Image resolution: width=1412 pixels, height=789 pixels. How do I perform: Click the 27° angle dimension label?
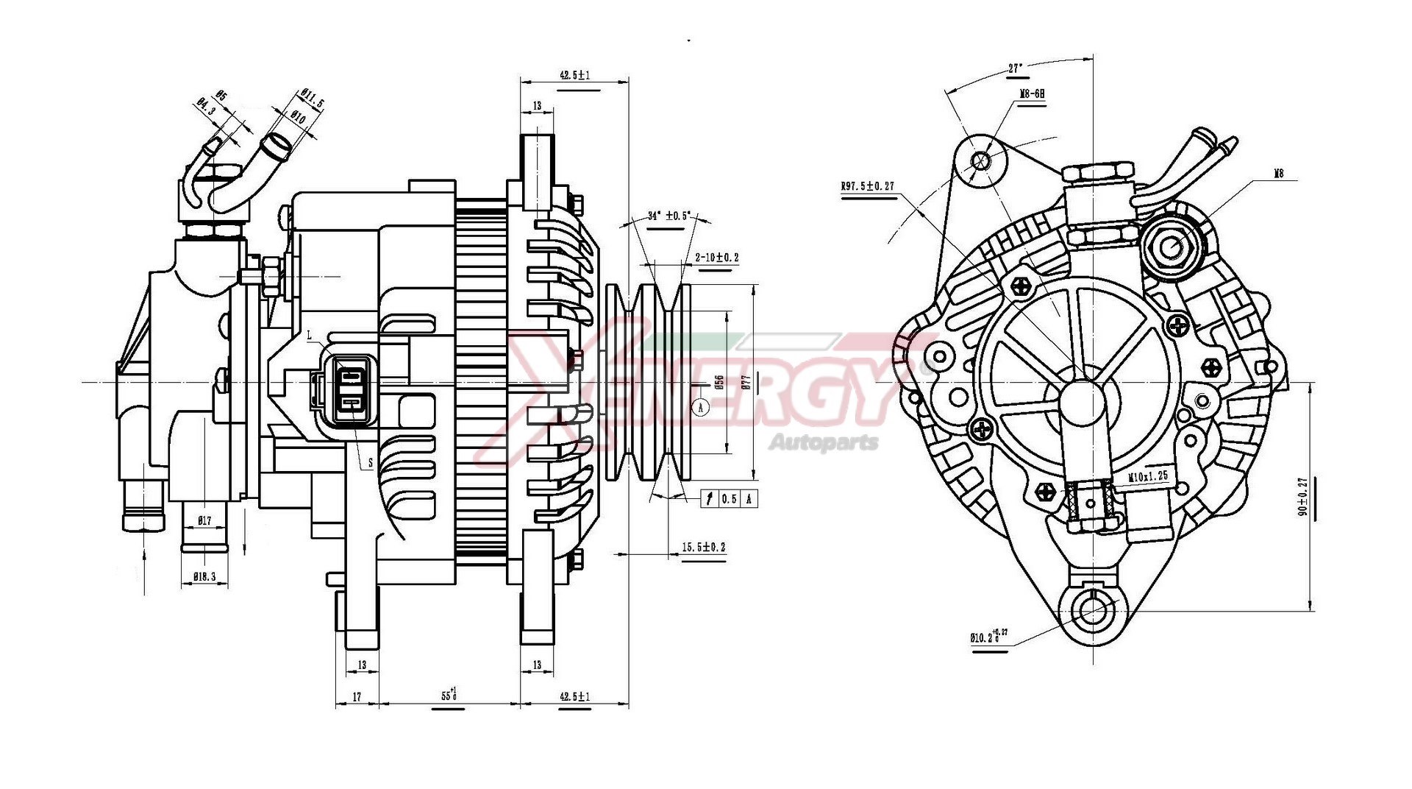[1015, 68]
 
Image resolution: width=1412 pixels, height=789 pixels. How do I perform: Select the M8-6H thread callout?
[1032, 94]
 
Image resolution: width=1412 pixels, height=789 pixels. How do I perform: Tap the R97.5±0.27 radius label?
[868, 186]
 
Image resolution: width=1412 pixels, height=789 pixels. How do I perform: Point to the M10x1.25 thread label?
[1148, 476]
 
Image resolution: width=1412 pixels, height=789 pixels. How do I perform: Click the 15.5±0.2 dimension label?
[703, 547]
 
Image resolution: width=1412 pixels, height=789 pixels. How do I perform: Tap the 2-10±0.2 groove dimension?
[716, 258]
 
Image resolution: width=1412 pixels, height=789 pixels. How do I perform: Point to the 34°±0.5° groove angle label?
[668, 216]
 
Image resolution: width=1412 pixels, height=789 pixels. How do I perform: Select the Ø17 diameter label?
[204, 520]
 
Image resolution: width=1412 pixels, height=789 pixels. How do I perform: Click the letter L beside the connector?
[310, 335]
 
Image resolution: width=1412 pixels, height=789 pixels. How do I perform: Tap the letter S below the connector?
[370, 464]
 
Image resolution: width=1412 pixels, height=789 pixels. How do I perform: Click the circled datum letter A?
[701, 406]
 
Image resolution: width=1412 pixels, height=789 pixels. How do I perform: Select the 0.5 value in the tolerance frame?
[728, 499]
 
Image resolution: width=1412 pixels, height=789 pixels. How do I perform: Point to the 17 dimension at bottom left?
[357, 696]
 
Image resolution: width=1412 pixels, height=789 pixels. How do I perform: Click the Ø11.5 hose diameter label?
[311, 99]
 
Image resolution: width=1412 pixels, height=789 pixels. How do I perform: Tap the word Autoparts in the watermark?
[823, 442]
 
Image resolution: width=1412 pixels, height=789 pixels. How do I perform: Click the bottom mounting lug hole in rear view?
[1091, 609]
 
